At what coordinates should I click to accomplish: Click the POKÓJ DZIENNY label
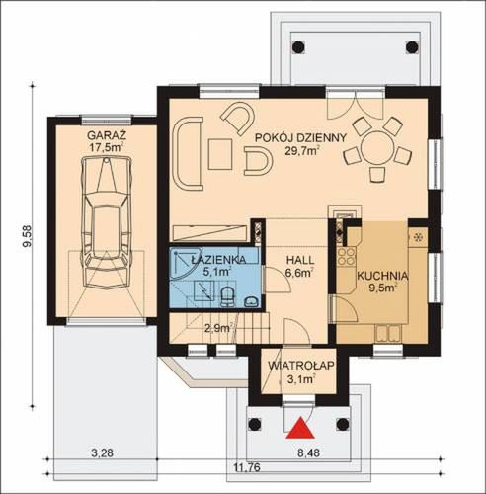(301, 137)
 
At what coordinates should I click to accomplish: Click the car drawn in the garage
(106, 221)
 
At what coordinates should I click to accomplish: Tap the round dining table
(376, 146)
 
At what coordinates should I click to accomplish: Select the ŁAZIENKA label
(218, 259)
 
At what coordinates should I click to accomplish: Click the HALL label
(300, 260)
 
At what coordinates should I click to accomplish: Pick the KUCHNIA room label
(383, 276)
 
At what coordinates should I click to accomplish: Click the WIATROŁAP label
(301, 365)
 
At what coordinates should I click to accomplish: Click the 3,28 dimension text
(102, 453)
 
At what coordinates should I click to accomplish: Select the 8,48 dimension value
(308, 453)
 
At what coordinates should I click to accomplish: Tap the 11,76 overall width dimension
(247, 467)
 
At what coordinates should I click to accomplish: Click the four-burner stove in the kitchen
(347, 256)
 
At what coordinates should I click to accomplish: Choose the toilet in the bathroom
(227, 296)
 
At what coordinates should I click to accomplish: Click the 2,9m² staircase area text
(218, 328)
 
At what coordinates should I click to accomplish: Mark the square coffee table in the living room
(220, 154)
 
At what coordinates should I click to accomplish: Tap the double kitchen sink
(388, 333)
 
